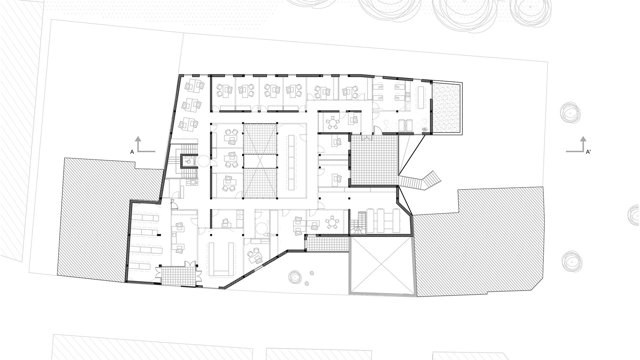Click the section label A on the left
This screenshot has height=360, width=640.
pyautogui.click(x=132, y=153)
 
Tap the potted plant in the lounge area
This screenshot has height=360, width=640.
pyautogui.click(x=425, y=129)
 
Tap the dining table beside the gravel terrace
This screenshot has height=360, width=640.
pyautogui.click(x=420, y=96)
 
